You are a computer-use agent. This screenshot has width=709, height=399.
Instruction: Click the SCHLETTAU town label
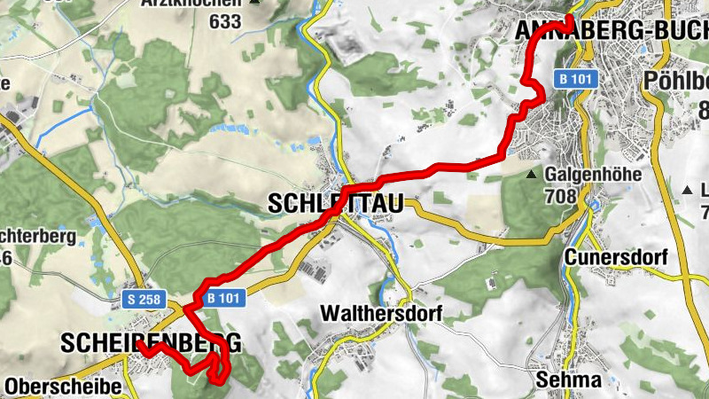click(334, 205)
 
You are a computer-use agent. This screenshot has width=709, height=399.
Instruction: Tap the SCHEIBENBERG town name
click(151, 342)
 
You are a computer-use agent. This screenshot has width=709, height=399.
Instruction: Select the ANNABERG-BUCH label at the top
click(612, 31)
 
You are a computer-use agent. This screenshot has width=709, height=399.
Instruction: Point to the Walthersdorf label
click(381, 314)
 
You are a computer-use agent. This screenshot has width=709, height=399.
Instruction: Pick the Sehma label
click(569, 380)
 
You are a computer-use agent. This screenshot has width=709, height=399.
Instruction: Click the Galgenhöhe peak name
click(593, 175)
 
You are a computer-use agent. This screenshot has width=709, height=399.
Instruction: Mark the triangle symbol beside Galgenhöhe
click(532, 175)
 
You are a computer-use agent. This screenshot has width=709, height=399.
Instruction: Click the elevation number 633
click(224, 22)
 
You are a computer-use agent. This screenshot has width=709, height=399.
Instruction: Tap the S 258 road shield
click(144, 300)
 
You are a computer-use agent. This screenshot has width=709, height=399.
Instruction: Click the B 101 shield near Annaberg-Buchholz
click(577, 79)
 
